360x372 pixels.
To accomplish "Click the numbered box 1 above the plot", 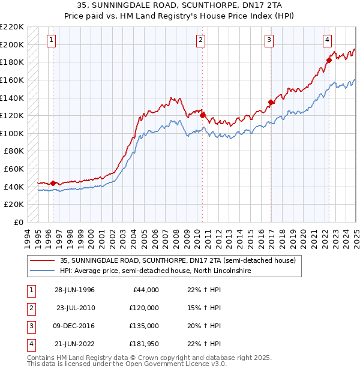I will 52,40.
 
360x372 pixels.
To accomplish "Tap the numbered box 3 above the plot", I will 269,40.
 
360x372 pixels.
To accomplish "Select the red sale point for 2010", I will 203,115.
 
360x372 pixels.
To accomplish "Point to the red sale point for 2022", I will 329,60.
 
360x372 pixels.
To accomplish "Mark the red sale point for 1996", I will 53,183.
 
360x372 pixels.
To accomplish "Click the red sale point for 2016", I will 271,102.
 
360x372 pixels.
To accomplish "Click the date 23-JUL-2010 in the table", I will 76,307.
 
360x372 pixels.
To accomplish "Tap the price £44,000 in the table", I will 146,289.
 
